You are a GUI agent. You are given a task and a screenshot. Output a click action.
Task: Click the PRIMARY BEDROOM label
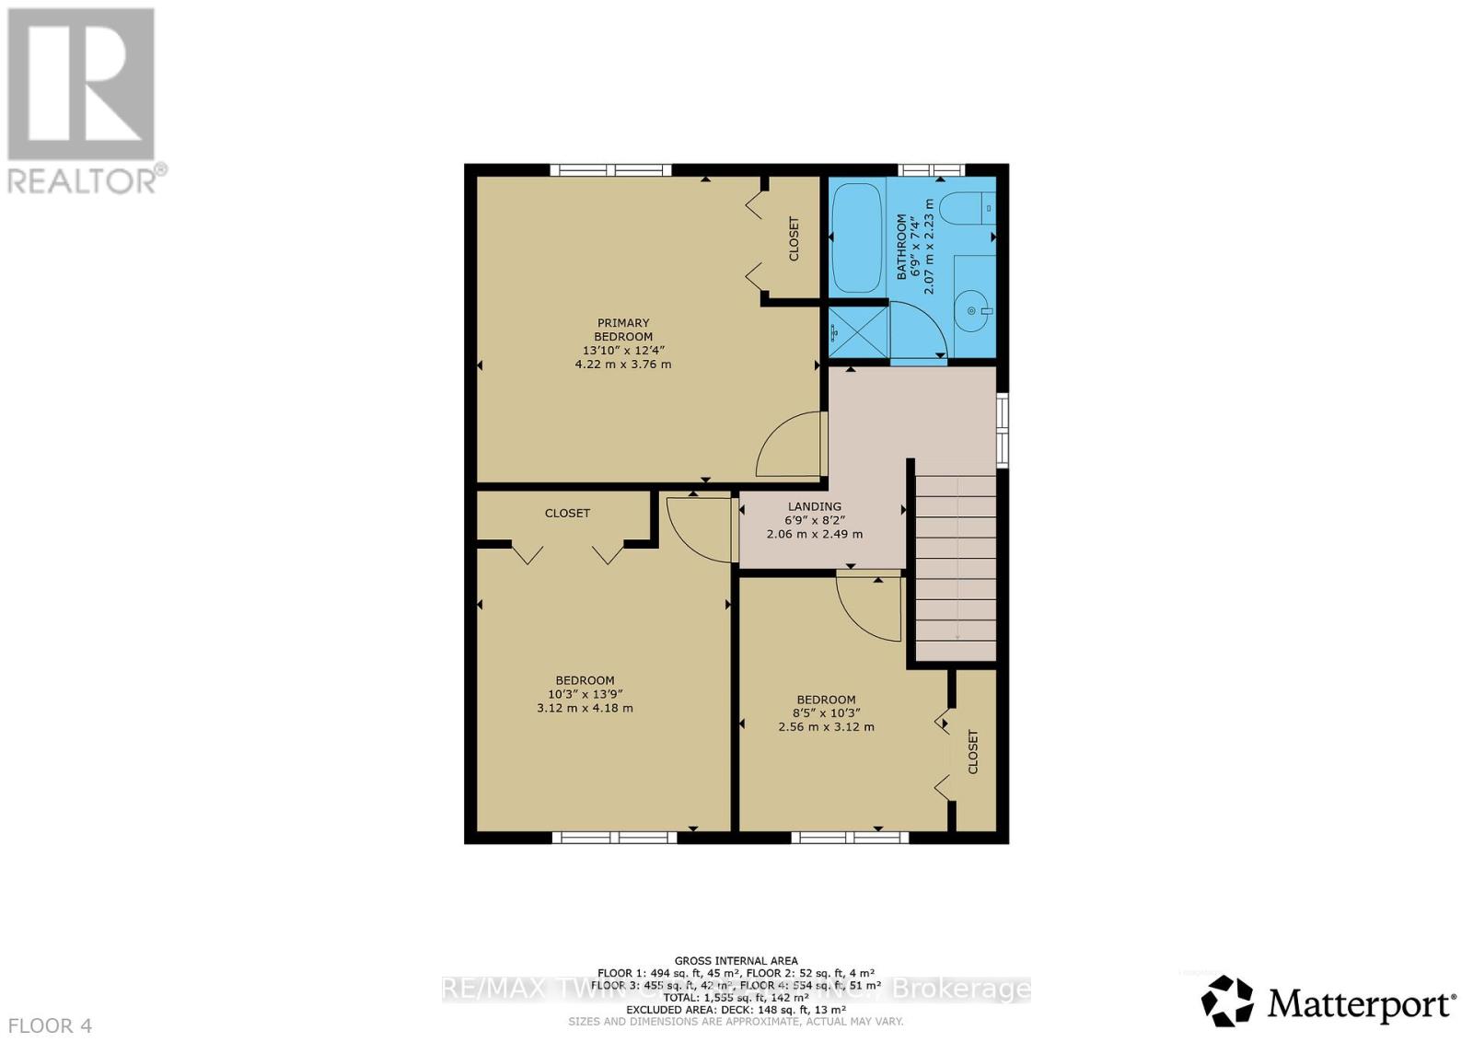[623, 330]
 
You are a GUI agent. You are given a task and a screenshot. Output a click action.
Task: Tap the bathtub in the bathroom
[856, 237]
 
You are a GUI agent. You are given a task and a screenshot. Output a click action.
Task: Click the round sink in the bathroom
[973, 310]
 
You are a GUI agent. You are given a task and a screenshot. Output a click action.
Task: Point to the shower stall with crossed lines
[857, 331]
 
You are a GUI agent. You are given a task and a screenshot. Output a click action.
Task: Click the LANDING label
[814, 506]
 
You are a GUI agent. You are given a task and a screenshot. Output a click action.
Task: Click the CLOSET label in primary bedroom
[794, 239]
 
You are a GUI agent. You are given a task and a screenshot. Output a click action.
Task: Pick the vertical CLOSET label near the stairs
[974, 752]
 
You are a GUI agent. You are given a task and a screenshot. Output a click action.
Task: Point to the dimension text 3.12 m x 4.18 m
[585, 708]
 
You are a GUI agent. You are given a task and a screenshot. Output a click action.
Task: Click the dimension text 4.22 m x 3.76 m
[623, 364]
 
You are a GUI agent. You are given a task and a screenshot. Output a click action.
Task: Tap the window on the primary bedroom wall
[610, 169]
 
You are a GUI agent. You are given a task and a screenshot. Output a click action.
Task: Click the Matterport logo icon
[1227, 1001]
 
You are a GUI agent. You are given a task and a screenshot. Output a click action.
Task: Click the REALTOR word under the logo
[83, 180]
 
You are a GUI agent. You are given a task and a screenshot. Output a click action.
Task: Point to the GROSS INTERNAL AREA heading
[736, 960]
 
